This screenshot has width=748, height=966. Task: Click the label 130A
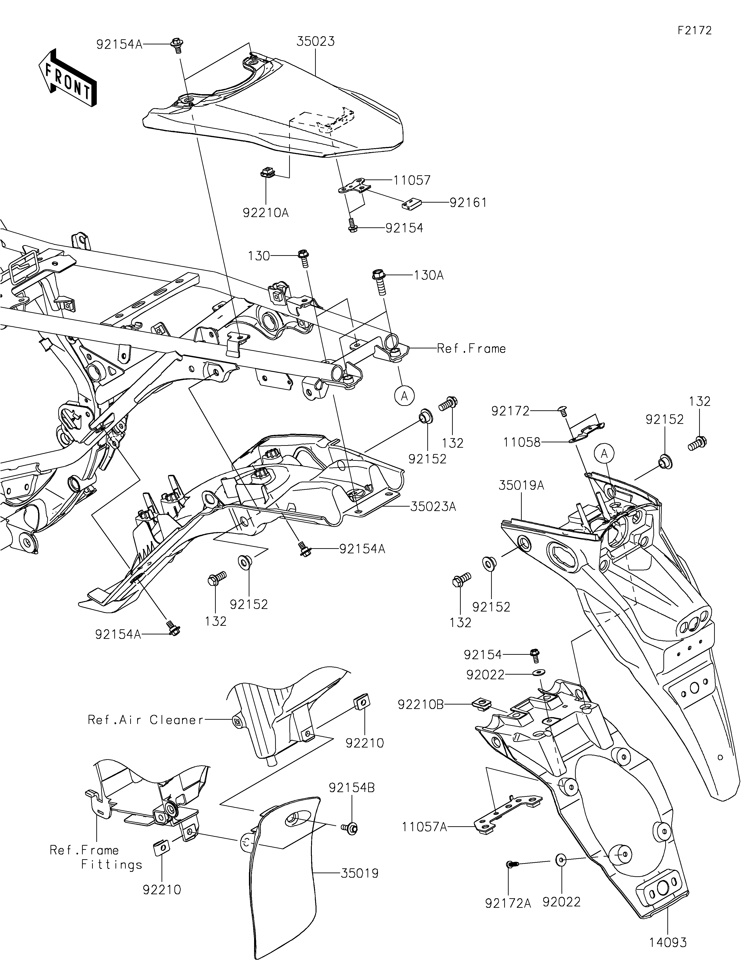429,275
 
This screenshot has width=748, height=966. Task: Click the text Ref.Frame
471,349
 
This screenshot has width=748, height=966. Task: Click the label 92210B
420,705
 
